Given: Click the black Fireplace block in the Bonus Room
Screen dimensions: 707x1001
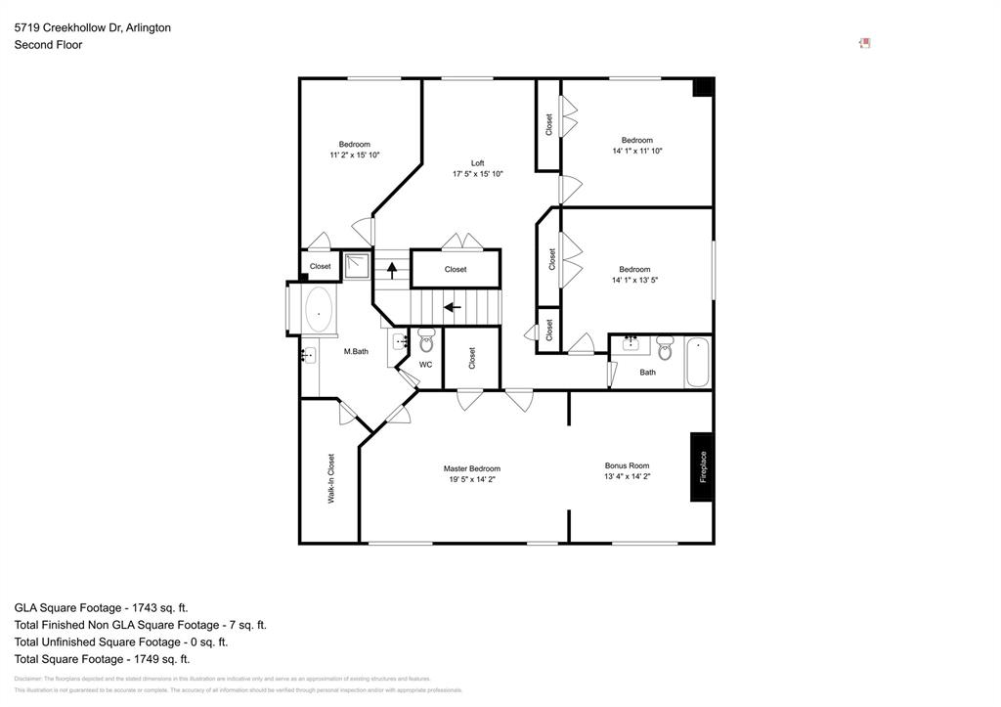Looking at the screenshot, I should click(x=701, y=466).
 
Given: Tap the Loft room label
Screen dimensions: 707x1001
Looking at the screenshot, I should click(x=477, y=163).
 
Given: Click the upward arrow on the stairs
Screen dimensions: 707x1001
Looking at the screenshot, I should click(x=392, y=269).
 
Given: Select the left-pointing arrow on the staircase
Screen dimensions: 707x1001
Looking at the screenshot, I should click(x=453, y=307).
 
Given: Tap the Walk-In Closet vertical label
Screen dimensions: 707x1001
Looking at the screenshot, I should click(x=331, y=478).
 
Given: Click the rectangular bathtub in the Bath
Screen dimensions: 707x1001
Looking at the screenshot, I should click(x=698, y=362).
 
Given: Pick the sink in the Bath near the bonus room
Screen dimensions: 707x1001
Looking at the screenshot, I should click(x=631, y=343).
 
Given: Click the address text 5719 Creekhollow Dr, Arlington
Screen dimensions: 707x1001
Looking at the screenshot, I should click(x=93, y=27).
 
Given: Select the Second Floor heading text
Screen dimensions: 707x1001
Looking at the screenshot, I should click(x=48, y=45).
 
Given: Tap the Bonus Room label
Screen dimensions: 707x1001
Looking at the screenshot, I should click(x=627, y=465).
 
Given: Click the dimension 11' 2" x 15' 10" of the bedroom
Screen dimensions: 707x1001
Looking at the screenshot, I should click(x=355, y=155).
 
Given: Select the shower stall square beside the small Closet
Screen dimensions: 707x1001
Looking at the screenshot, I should click(x=357, y=265).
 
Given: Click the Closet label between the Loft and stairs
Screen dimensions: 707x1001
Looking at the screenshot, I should click(x=456, y=269).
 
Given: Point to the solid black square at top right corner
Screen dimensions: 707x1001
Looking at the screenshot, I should click(x=703, y=87).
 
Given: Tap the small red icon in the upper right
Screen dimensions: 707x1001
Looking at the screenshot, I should click(x=864, y=43).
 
